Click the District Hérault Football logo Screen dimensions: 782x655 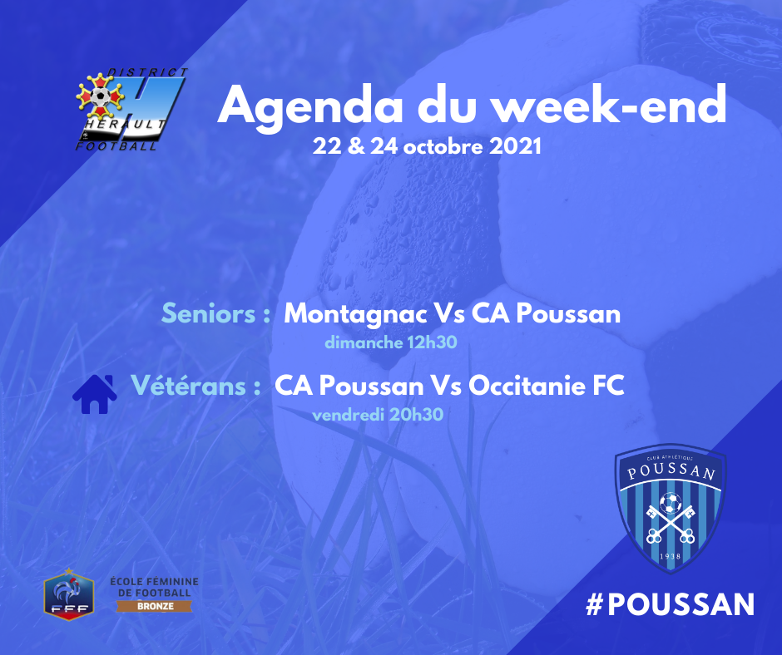[131, 109]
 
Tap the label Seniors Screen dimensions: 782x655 [209, 314]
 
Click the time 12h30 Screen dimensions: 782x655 [432, 342]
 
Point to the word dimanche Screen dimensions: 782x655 [364, 342]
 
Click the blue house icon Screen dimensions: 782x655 [95, 394]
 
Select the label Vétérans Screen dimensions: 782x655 [189, 386]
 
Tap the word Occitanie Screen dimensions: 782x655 [527, 386]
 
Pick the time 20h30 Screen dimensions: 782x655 [417, 414]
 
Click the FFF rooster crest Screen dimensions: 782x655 [69, 593]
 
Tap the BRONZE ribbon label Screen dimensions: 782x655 [155, 606]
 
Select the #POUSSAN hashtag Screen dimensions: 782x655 [670, 604]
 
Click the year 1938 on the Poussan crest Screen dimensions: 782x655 [670, 556]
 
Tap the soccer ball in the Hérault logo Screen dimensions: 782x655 [101, 96]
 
